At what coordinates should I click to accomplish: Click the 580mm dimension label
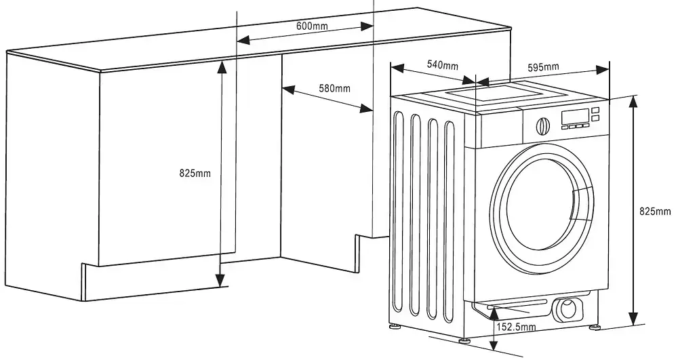pos(335,88)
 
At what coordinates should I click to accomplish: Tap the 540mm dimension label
pos(442,65)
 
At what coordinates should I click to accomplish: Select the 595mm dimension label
pos(543,66)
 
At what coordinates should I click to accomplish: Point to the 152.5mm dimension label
pos(517,327)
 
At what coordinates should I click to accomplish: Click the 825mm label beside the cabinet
pos(195,174)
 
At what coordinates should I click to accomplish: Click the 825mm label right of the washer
pos(656,211)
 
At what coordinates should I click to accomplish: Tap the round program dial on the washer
pos(542,125)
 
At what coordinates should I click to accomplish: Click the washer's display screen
pos(574,116)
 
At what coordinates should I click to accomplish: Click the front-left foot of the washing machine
pos(464,340)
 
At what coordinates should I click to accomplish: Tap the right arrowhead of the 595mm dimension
pos(603,70)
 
